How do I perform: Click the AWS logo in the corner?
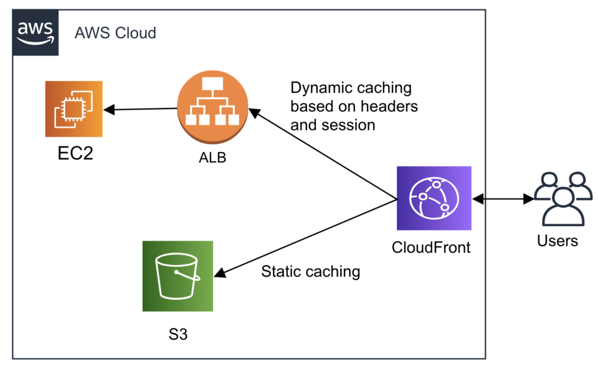click(36, 32)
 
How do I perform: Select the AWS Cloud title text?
click(115, 32)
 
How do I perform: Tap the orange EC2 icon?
click(74, 109)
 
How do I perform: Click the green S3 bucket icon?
click(178, 276)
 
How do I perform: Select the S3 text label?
click(178, 334)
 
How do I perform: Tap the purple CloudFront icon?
click(434, 198)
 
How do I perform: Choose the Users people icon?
click(562, 198)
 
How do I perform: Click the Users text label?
click(558, 241)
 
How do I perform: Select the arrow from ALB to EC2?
click(141, 110)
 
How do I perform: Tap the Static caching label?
click(310, 271)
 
